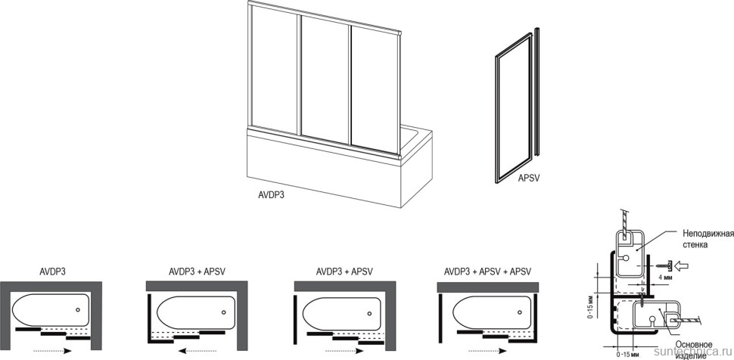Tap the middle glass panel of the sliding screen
pos(325,80)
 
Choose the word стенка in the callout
pos(695,244)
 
